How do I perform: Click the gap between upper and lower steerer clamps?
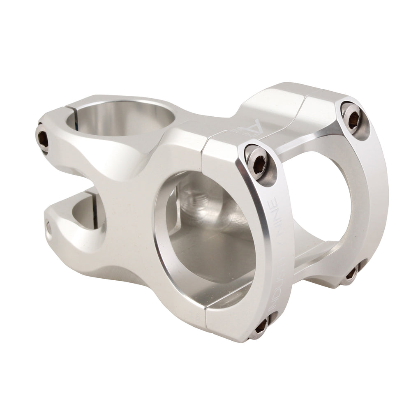[82, 181]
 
